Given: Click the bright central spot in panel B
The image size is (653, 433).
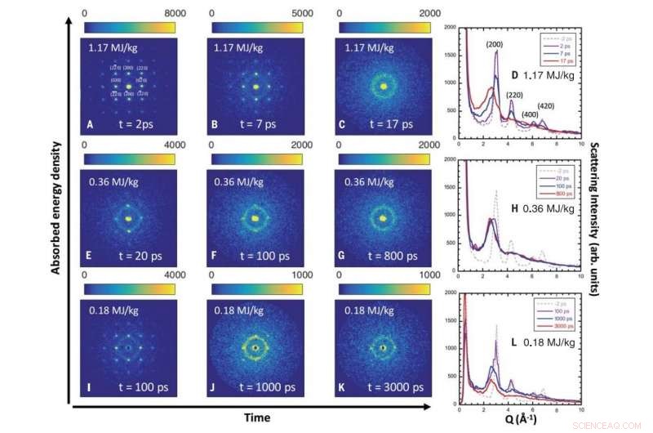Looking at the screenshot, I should click(256, 86).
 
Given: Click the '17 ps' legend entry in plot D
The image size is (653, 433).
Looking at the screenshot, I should click(562, 62).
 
